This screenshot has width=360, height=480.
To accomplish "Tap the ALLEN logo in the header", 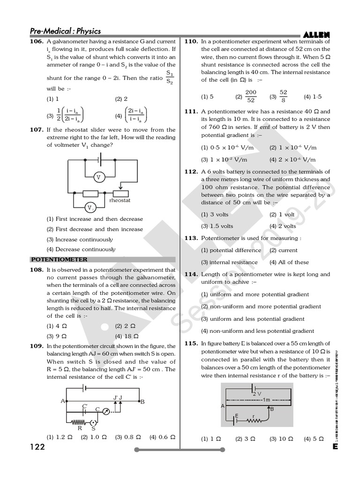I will (316, 34).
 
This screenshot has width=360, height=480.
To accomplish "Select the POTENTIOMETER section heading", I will (60, 259).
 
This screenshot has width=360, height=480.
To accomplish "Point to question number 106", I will (36, 42).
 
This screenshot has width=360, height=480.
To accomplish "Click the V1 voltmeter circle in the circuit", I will (90, 208).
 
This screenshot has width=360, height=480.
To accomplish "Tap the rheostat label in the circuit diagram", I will (120, 201).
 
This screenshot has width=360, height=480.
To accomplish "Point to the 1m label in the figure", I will (265, 399).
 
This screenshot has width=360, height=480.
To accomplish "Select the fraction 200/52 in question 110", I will (251, 97).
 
